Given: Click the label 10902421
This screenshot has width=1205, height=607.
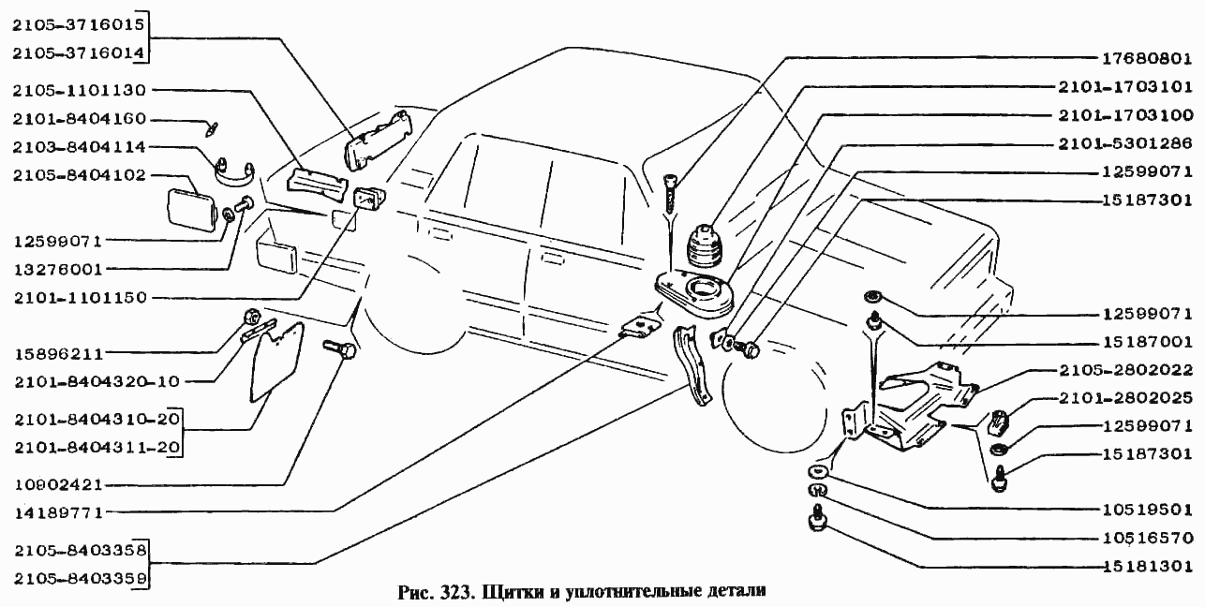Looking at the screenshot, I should (57, 485).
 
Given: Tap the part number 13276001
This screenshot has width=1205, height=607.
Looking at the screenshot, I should (57, 270).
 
